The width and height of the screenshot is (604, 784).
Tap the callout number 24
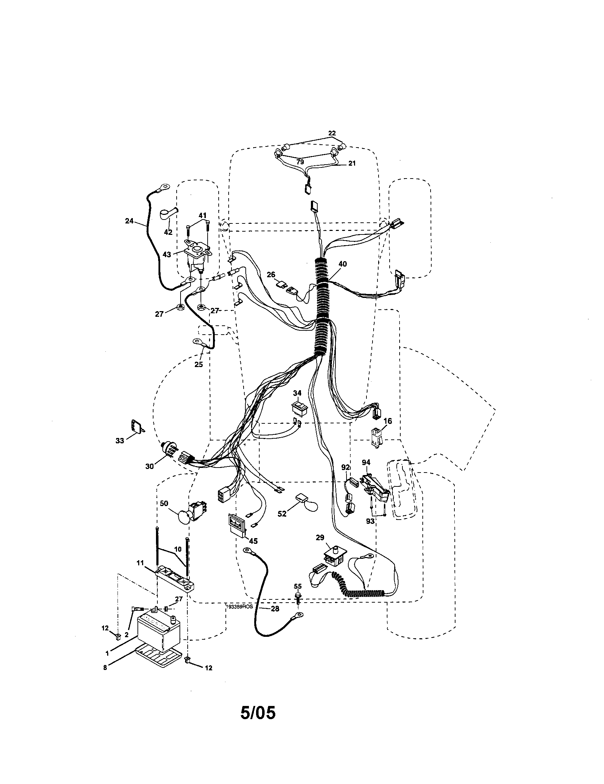click(x=129, y=221)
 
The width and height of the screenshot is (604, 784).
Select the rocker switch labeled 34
click(x=299, y=408)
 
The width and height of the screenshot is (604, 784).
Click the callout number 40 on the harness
click(x=343, y=264)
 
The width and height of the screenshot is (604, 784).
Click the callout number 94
click(x=366, y=463)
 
